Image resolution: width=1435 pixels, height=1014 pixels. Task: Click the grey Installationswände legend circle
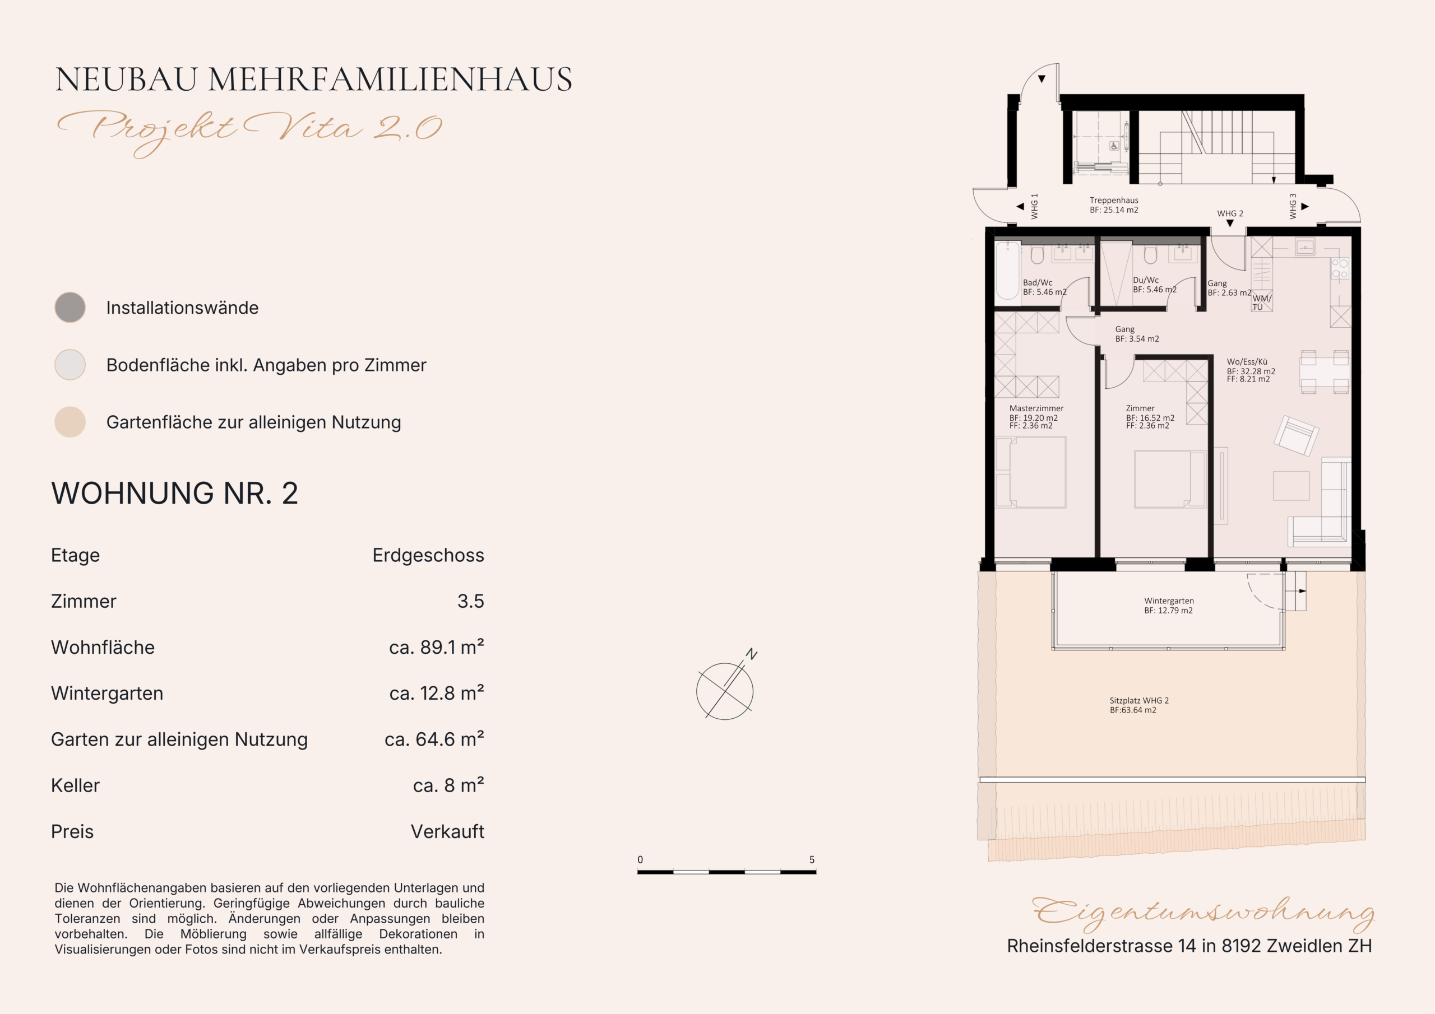tap(70, 308)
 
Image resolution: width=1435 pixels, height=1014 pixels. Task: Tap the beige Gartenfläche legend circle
tap(70, 422)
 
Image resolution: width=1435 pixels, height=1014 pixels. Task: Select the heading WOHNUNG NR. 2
tap(174, 494)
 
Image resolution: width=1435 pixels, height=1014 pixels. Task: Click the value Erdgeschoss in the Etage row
tap(428, 555)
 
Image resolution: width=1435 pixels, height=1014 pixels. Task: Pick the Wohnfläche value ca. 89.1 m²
tap(436, 647)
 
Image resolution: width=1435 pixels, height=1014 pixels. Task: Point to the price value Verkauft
tap(447, 831)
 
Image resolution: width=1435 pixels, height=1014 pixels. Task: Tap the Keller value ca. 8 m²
tap(448, 785)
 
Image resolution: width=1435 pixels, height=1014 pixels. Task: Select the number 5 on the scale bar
tap(812, 860)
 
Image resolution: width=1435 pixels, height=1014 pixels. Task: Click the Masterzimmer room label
tap(1036, 408)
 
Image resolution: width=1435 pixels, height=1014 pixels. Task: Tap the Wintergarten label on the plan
tap(1169, 601)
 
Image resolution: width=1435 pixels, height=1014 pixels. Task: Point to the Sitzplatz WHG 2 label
tap(1138, 701)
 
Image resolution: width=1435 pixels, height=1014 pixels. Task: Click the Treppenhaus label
tap(1114, 201)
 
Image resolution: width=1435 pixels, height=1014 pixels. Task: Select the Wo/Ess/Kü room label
tap(1247, 362)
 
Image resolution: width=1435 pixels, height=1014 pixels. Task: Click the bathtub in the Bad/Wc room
tap(1007, 271)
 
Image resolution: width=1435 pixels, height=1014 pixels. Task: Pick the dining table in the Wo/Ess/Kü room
tap(1325, 373)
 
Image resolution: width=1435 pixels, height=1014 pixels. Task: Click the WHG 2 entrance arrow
tap(1230, 224)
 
